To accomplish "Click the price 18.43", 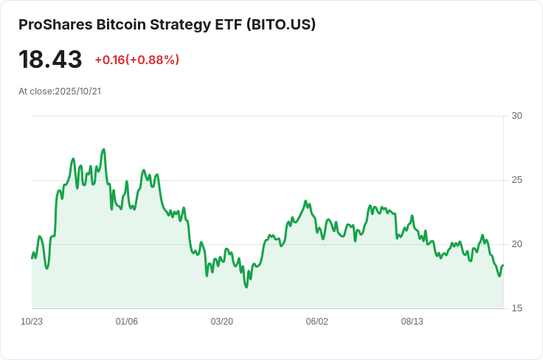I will (50, 59).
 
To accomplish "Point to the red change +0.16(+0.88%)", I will (136, 60).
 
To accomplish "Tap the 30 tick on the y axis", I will (516, 116).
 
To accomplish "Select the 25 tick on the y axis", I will (516, 180).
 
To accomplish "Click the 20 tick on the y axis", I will (516, 244).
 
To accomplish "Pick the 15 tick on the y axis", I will (516, 308).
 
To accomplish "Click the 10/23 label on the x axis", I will (32, 322).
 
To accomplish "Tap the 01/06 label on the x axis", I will (127, 322).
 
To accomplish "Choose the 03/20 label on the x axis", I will (221, 322).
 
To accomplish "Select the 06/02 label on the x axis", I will (317, 322).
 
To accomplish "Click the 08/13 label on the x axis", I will (412, 322).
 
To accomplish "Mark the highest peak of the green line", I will (104, 150).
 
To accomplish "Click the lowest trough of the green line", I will (246, 286).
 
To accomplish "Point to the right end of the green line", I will (503, 266).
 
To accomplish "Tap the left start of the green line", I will (32, 257).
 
